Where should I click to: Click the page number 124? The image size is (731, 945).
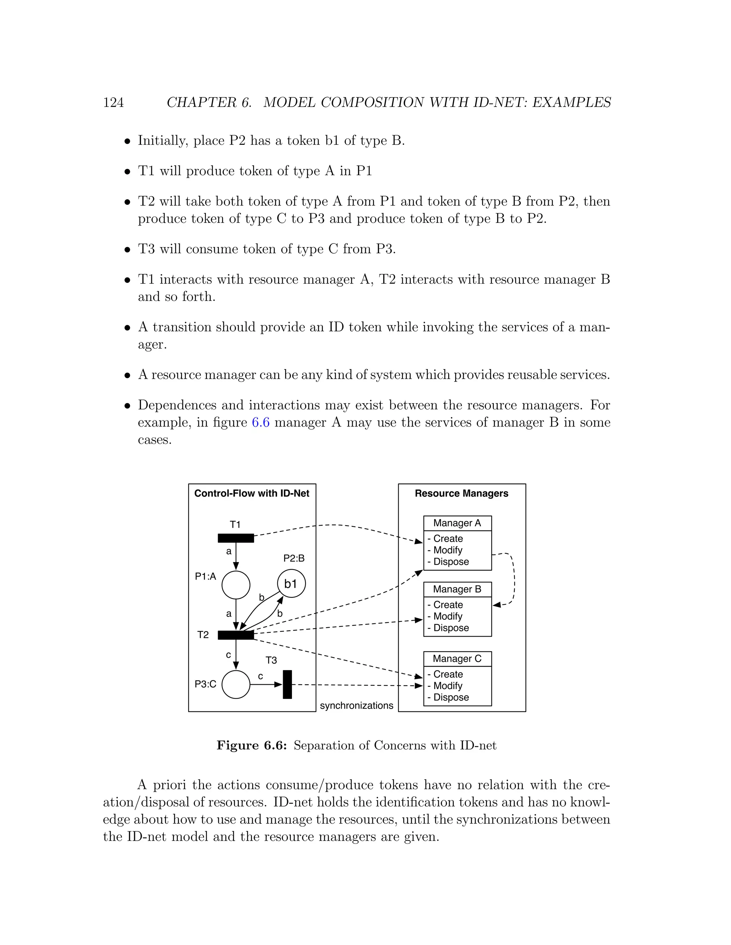tap(114, 103)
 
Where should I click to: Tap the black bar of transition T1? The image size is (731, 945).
tap(236, 538)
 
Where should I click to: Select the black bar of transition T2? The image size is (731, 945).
tap(236, 635)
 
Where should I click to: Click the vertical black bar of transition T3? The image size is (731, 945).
tap(287, 685)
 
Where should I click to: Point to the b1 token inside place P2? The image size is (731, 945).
tap(291, 584)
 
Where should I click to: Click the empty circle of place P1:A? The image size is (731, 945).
tap(236, 585)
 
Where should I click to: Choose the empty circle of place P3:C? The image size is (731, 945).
tap(236, 685)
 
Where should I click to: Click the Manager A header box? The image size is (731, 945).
tap(457, 523)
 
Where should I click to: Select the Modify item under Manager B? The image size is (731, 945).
tap(448, 616)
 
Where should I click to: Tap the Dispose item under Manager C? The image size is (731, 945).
tap(451, 697)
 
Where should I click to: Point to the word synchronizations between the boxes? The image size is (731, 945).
tap(357, 706)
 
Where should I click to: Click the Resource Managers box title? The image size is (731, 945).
tap(461, 493)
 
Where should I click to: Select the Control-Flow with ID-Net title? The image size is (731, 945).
tap(252, 493)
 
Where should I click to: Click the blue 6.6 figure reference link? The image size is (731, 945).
tap(260, 422)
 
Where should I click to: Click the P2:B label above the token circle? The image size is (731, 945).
tap(294, 558)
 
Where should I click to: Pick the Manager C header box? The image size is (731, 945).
tap(457, 659)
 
